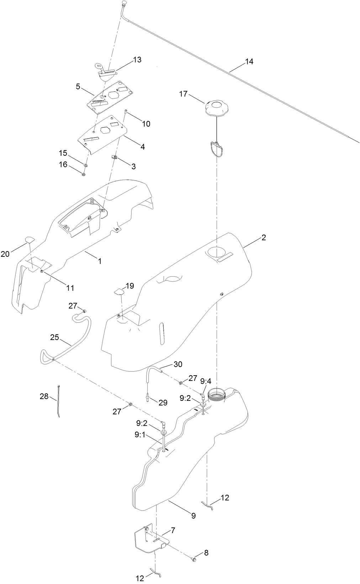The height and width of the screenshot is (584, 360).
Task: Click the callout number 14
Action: point(249,62)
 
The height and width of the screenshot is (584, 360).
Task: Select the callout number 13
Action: point(137,60)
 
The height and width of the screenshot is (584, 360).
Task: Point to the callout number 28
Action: point(44,396)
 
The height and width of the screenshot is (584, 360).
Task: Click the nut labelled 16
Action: point(83,174)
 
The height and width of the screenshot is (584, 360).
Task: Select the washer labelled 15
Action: point(86,165)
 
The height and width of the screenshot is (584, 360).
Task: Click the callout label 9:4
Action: point(206,381)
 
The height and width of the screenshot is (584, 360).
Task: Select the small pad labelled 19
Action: point(119,292)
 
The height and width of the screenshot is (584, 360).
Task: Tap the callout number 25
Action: point(54,338)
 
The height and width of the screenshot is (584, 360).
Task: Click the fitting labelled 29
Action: point(147,398)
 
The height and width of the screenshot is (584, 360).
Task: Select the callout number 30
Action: point(178,364)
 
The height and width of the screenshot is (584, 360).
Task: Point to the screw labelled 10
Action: point(126,112)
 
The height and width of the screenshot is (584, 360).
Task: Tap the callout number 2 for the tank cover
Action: point(264,238)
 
